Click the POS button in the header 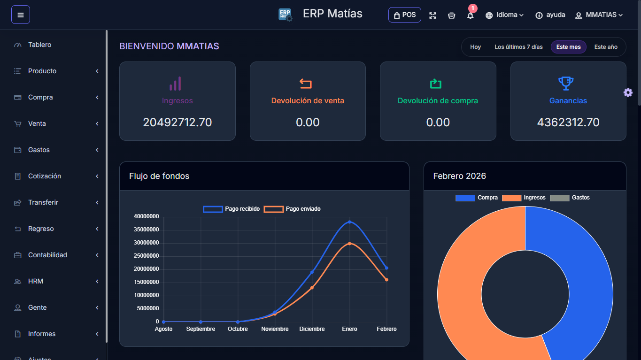coord(404,15)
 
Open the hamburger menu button coord(21,15)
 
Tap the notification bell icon coord(470,15)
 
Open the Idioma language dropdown coord(505,15)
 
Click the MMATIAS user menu coord(599,15)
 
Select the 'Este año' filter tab coord(605,47)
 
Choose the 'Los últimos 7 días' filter coord(518,47)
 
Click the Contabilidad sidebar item coord(47,255)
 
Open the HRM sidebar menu coord(36,281)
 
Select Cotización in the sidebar coord(45,176)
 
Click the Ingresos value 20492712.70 coord(177,123)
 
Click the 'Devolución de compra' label coord(438,101)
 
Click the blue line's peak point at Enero coord(349,222)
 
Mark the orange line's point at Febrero coord(386,280)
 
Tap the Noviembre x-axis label coord(275,329)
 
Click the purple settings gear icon coord(628,92)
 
